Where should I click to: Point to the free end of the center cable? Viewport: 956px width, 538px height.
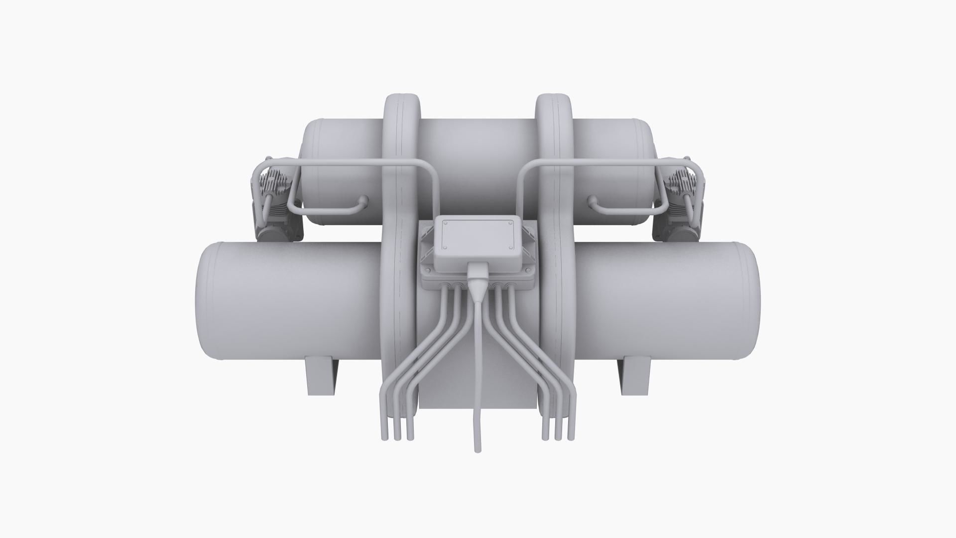click(x=478, y=450)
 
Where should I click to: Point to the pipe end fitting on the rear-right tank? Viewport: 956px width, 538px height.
click(x=592, y=201)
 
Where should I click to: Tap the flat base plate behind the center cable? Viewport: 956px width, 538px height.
click(x=448, y=389)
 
